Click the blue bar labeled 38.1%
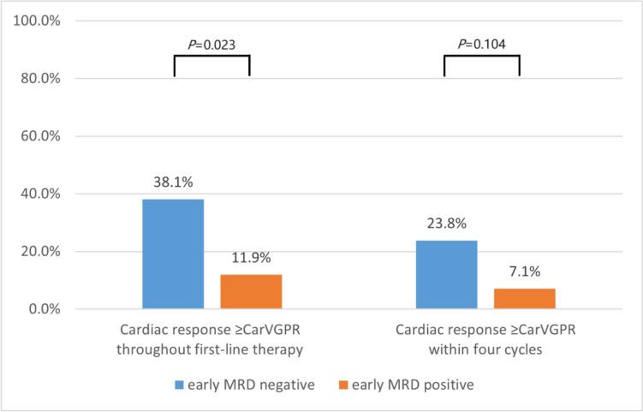tap(173, 254)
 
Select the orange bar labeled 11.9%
tap(251, 291)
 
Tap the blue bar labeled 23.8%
tap(446, 274)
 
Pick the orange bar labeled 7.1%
tap(524, 298)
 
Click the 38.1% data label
tap(173, 184)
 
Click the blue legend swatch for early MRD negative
tap(179, 385)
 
